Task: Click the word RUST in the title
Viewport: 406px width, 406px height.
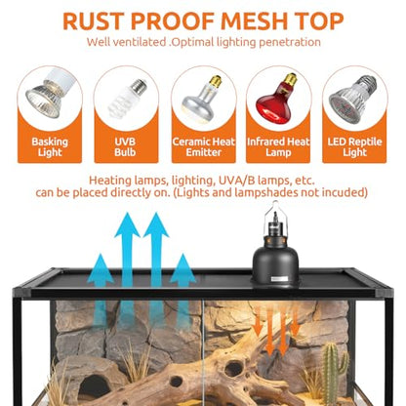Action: tap(94, 21)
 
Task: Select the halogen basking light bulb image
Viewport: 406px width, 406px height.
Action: tap(49, 96)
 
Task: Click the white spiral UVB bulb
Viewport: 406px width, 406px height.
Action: tap(127, 97)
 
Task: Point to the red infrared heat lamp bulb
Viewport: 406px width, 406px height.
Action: tap(277, 100)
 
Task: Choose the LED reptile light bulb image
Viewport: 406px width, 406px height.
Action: tap(352, 100)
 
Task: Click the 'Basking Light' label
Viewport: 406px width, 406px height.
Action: tap(50, 147)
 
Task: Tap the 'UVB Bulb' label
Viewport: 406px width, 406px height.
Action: tap(125, 147)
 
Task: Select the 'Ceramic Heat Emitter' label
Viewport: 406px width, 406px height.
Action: tap(203, 147)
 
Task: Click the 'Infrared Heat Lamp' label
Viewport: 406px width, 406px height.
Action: tap(278, 147)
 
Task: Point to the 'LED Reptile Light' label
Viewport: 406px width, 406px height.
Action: tap(354, 147)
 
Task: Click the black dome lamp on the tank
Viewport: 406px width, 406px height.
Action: tap(275, 261)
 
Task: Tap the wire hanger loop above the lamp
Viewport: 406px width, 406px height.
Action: tap(275, 214)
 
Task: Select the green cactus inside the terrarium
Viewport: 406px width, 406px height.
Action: tap(335, 373)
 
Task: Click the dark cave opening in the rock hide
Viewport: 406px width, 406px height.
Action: tap(95, 386)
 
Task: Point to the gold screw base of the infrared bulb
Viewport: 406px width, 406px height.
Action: tap(290, 80)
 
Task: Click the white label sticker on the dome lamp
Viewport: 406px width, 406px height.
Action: tap(279, 279)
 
